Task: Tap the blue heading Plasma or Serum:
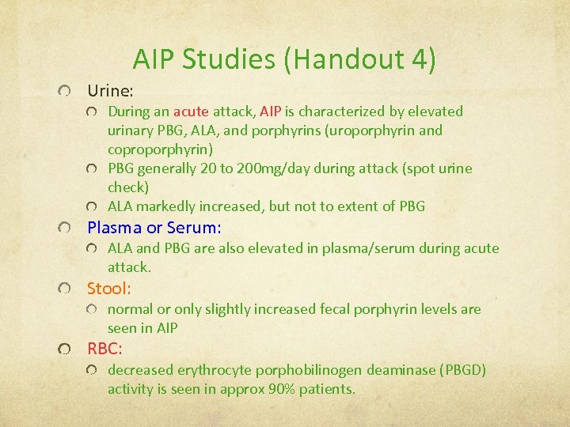[154, 228]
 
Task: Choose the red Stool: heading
[109, 288]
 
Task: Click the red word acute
[191, 111]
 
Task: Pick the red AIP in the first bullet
[271, 111]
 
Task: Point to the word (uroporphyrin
[374, 130]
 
